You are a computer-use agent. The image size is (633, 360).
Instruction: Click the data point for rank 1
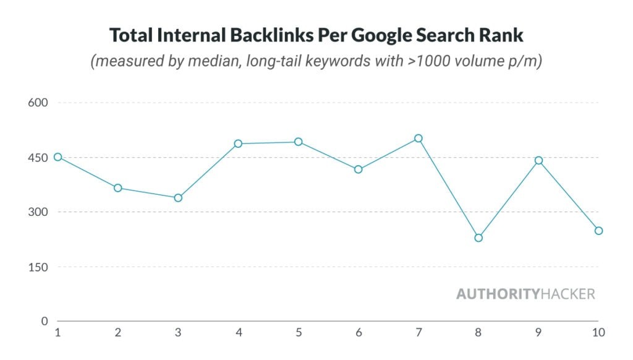pyautogui.click(x=57, y=157)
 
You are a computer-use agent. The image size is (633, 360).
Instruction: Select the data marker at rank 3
pyautogui.click(x=178, y=198)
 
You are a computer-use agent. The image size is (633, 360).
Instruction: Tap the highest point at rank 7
pyautogui.click(x=418, y=139)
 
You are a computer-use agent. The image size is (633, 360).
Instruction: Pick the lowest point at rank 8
pyautogui.click(x=478, y=238)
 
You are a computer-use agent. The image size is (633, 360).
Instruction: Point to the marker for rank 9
pyautogui.click(x=538, y=160)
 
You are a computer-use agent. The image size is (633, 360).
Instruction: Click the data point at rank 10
pyautogui.click(x=598, y=231)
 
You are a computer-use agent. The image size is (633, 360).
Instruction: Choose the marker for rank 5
pyautogui.click(x=299, y=142)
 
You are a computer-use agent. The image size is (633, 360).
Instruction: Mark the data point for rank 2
pyautogui.click(x=117, y=188)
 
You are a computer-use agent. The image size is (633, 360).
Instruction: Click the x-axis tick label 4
pyautogui.click(x=238, y=333)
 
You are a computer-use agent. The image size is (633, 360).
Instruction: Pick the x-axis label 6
pyautogui.click(x=359, y=333)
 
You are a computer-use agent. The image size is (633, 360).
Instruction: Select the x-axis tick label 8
pyautogui.click(x=478, y=333)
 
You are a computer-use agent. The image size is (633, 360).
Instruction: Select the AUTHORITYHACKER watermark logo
pyautogui.click(x=525, y=294)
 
